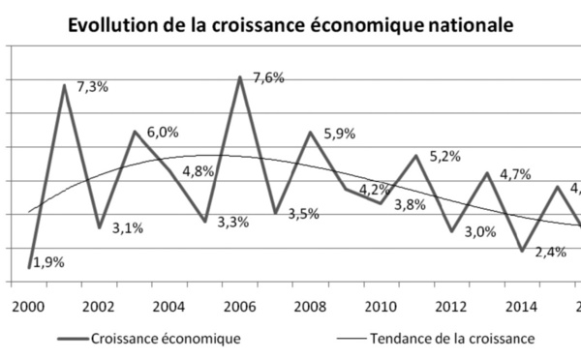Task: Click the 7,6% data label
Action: coord(268,78)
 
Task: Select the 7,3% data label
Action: coord(94,87)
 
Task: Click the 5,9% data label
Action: coord(338,135)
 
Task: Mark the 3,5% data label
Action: coord(303,214)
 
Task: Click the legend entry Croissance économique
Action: coord(164,339)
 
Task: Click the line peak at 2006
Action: coord(239,77)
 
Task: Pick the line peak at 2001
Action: coord(65,85)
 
